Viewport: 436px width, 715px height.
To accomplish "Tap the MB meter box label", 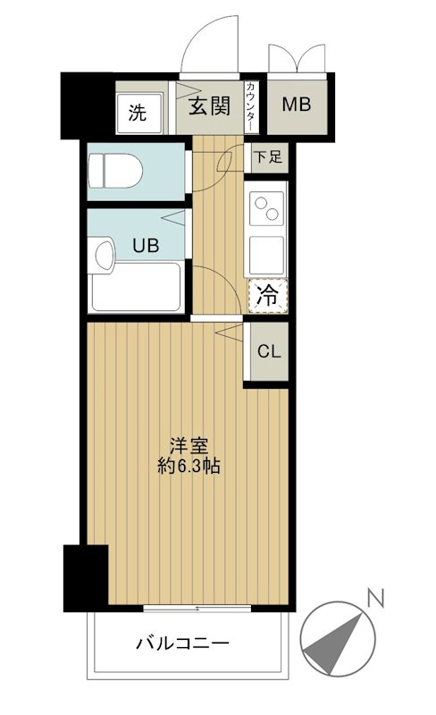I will click(x=297, y=105).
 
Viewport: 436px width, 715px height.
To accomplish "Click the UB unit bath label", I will click(x=146, y=247).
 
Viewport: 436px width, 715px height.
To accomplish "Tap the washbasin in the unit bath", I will click(x=102, y=257).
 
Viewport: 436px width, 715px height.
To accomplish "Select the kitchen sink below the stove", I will click(x=267, y=253).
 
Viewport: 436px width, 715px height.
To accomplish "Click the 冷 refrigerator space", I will click(x=267, y=296).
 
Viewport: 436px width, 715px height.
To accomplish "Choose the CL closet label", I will click(x=269, y=350).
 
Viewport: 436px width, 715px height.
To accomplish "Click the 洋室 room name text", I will click(x=187, y=444).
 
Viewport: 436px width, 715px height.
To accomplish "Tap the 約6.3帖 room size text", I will click(x=187, y=466).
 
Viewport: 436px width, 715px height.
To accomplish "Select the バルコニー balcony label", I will click(x=183, y=643).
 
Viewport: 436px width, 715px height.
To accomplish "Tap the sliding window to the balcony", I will click(x=197, y=610).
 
